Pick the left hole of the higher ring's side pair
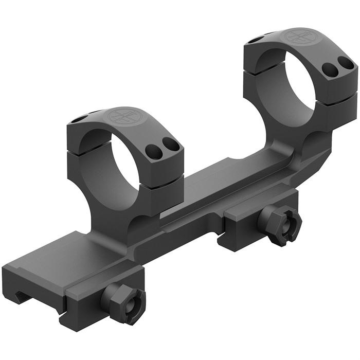pyautogui.click(x=327, y=68)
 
